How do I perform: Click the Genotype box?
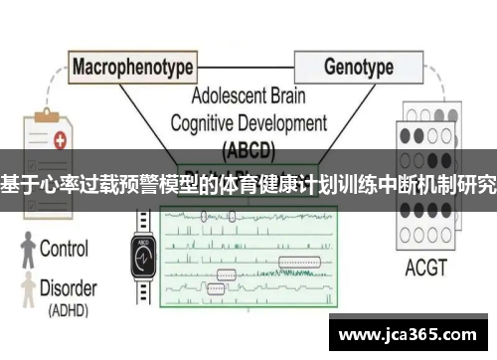pyautogui.click(x=358, y=68)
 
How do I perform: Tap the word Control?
pyautogui.click(x=70, y=250)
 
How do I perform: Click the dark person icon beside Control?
pyautogui.click(x=24, y=251)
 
